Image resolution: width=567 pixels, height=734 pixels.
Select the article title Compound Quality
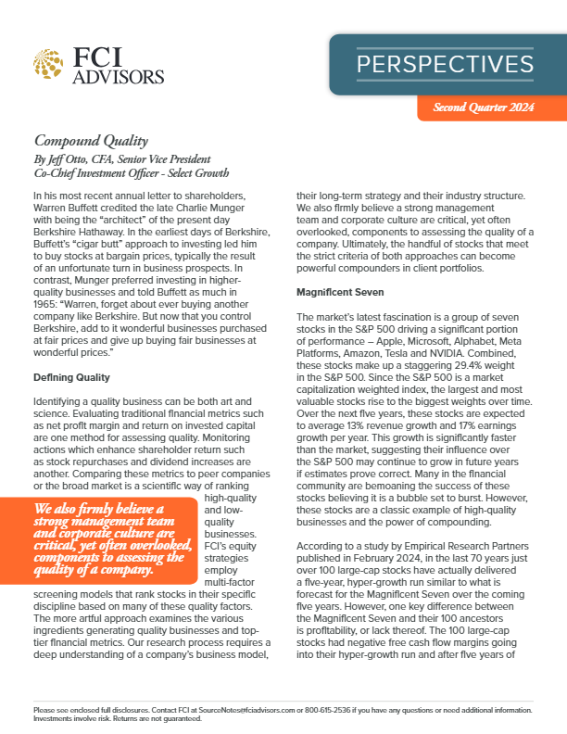point(91,141)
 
